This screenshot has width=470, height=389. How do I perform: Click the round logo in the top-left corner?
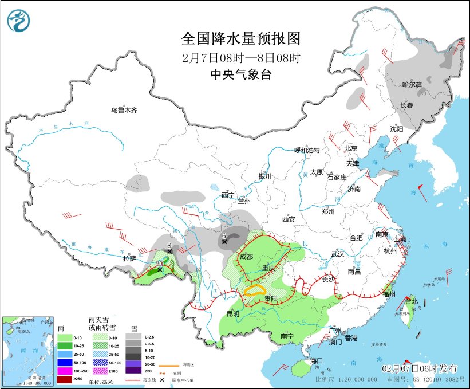coord(18,22)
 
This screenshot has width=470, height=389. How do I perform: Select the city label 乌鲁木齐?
coord(124,110)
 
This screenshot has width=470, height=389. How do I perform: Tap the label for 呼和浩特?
coord(307,150)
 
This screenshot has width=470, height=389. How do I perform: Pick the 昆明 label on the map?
coord(232,313)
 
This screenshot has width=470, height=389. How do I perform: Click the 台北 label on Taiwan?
coord(412,301)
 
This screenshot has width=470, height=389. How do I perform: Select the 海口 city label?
coord(317,361)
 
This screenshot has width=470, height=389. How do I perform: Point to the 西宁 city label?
coord(228,195)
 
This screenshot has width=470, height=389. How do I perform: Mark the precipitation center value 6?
coord(224,235)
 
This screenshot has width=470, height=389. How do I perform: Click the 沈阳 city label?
coord(397,129)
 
